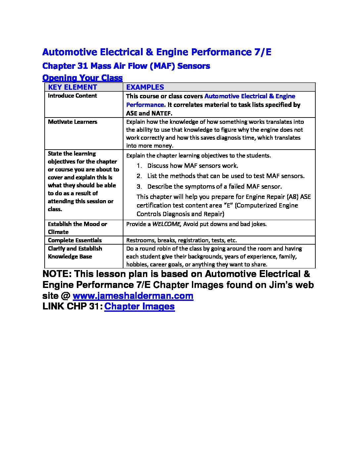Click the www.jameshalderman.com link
133,296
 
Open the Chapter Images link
139,306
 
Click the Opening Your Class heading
82,78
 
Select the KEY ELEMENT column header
72,87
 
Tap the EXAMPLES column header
145,87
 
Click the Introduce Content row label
72,96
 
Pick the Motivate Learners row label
72,122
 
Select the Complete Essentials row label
75,240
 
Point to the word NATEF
161,113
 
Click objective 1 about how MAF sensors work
193,165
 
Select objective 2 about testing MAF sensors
226,176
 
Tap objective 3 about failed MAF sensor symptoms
214,186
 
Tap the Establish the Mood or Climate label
77,228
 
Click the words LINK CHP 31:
72,306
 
